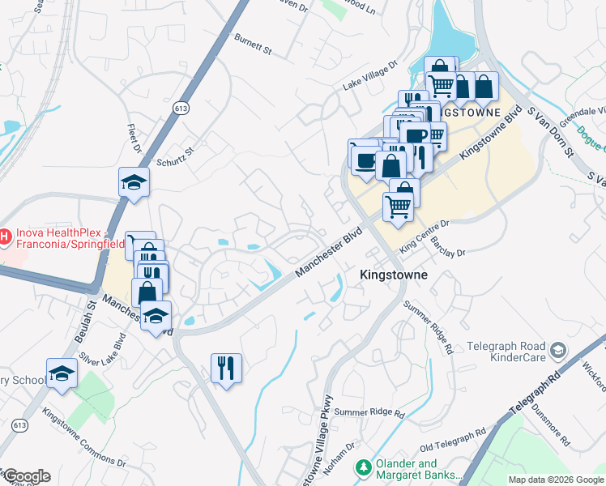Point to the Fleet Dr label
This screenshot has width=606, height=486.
click(x=134, y=139)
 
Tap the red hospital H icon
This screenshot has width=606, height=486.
click(x=4, y=237)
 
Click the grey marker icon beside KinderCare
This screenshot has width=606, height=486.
click(x=557, y=350)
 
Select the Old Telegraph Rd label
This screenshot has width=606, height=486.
click(x=453, y=441)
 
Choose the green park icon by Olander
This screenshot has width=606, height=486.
click(x=364, y=467)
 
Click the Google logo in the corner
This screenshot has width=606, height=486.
click(x=26, y=476)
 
